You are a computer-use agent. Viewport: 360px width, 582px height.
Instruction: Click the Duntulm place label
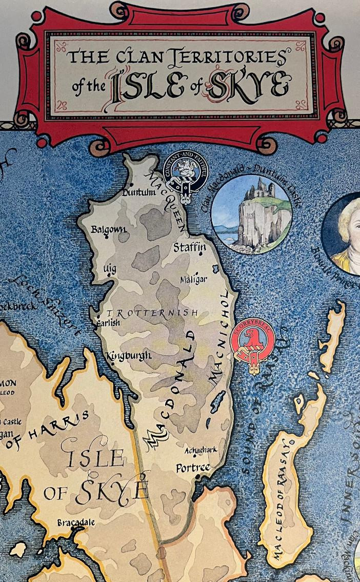138,193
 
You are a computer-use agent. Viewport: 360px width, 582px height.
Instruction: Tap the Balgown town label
108,229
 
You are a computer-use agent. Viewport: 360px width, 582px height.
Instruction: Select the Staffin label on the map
190,247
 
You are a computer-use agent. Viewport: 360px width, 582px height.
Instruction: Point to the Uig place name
110,269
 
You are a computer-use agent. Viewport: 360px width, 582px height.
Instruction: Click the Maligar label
194,280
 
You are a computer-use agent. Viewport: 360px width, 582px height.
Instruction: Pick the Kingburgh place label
129,355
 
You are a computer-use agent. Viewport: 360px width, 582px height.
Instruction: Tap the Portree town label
193,468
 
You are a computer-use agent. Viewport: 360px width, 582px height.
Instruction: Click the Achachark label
201,450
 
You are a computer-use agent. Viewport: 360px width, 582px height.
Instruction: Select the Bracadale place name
76,522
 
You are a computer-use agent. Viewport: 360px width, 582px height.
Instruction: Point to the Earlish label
108,323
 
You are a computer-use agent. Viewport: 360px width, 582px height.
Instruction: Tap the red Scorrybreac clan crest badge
252,346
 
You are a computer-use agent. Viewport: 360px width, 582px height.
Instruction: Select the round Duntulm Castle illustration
251,214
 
